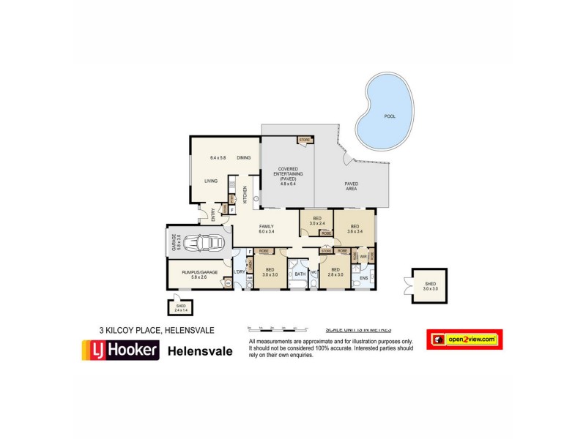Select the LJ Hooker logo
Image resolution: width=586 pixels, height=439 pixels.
119,350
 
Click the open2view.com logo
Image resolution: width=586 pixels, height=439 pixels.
464,339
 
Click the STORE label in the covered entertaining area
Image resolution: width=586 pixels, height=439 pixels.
305,139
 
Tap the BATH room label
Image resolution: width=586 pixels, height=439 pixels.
299,275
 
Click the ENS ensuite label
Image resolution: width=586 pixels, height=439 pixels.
363,278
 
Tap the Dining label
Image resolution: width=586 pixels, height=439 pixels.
244,158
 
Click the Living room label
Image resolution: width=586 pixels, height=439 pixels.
211,181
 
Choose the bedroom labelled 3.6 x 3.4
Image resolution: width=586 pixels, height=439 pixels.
355,229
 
